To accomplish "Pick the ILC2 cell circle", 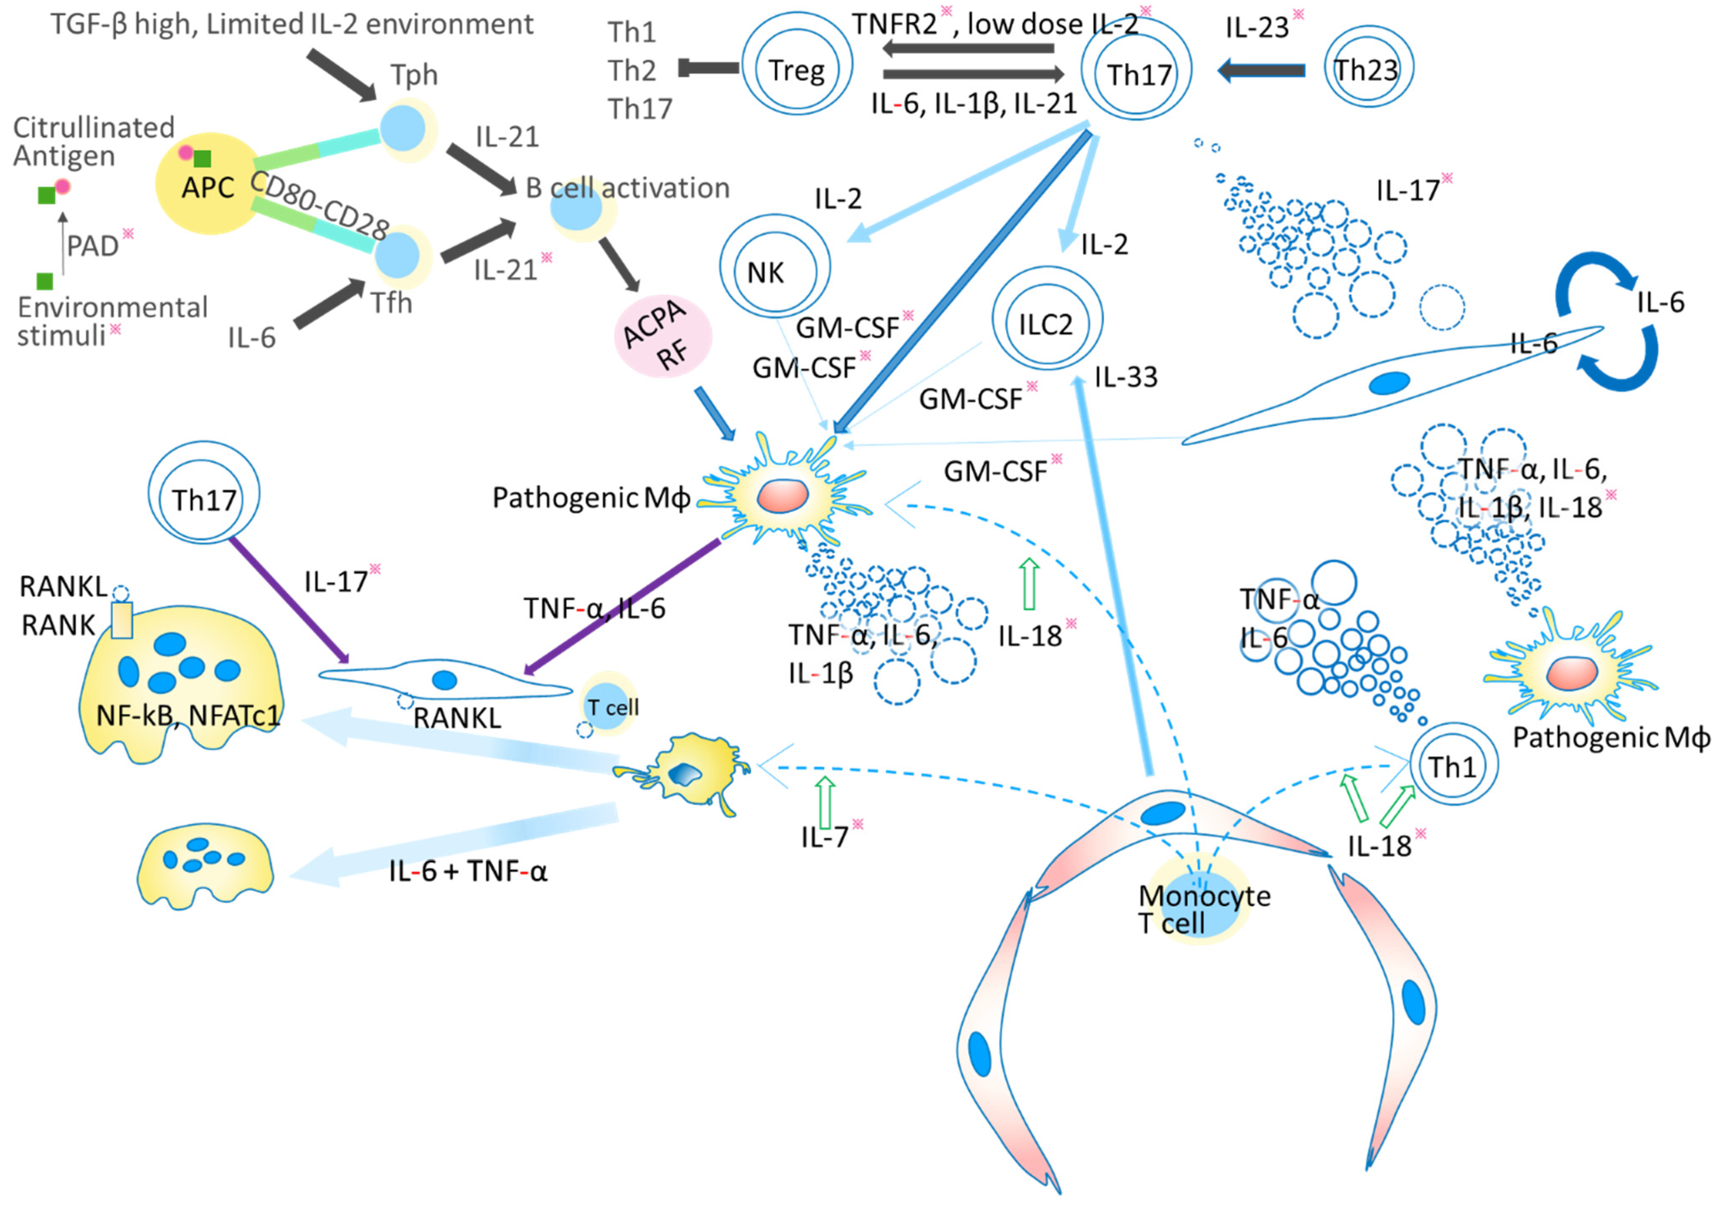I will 1047,320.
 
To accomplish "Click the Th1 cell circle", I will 1453,765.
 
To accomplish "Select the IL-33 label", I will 1126,377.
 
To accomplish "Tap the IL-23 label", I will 1257,27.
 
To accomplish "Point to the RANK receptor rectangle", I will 121,620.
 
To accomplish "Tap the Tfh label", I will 391,303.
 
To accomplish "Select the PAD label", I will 93,246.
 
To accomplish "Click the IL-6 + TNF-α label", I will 468,871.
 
